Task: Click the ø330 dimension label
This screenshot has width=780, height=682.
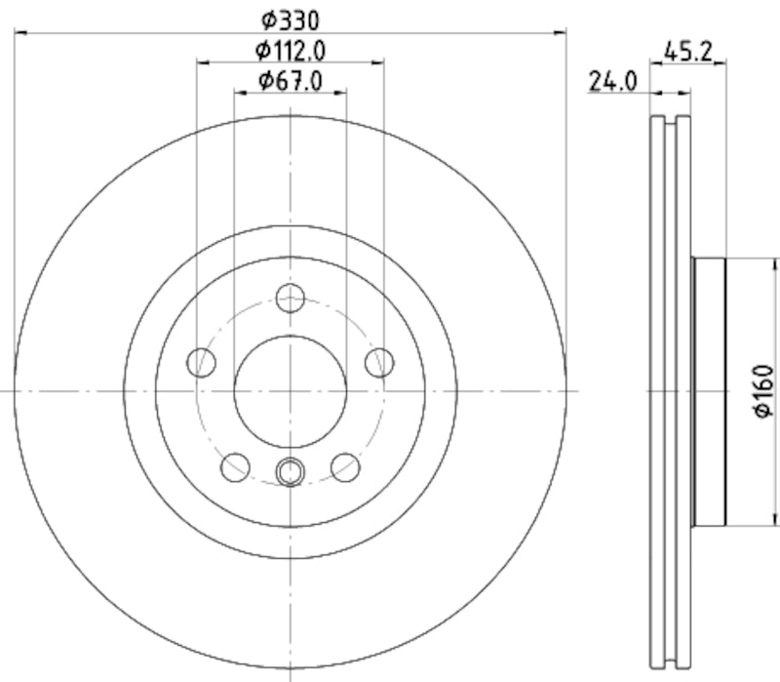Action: (x=290, y=19)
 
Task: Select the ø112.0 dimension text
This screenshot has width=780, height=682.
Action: (x=290, y=50)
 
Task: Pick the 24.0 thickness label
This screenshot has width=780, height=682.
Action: (x=611, y=82)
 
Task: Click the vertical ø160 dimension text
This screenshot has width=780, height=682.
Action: (x=763, y=392)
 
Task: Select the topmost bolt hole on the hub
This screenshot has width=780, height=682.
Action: (x=290, y=298)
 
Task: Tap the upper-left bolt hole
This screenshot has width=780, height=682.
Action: (x=202, y=362)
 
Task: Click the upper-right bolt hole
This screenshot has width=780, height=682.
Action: (x=378, y=362)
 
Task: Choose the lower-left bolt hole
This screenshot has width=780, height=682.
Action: (x=235, y=466)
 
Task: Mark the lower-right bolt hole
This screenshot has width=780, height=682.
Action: (x=344, y=466)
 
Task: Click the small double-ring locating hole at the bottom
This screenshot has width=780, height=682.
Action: (x=290, y=472)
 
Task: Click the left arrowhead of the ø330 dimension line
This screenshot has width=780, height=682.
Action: (x=20, y=33)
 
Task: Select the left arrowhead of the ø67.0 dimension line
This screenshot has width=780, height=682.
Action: (x=239, y=94)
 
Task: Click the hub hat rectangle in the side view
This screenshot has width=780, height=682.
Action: (x=710, y=390)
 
